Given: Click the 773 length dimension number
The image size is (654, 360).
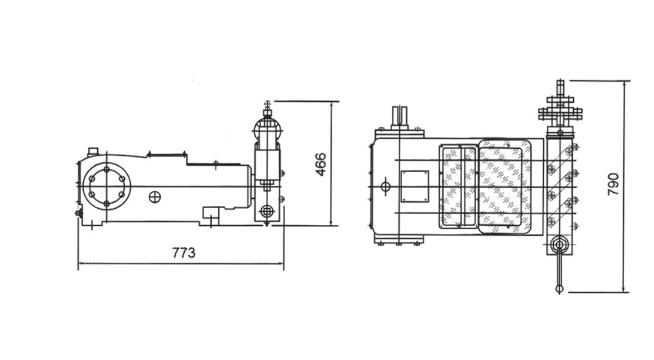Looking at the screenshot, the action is pos(184,253).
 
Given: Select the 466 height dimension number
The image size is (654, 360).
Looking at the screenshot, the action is pos(321,165).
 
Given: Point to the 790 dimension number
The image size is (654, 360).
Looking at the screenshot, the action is pos(613,184).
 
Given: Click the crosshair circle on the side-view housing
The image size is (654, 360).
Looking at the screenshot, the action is pos(155,197).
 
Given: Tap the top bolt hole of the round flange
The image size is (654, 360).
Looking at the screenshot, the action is pos(106,170).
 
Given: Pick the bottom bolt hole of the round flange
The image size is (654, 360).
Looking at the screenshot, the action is pos(106,204).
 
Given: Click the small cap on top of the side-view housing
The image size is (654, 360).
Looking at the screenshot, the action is pos(92,151).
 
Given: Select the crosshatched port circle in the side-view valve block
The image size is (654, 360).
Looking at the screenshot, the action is pos(266,211).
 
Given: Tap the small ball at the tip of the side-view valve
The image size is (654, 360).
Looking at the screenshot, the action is pos(267,103).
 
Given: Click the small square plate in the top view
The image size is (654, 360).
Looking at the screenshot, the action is pos(415,186).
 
